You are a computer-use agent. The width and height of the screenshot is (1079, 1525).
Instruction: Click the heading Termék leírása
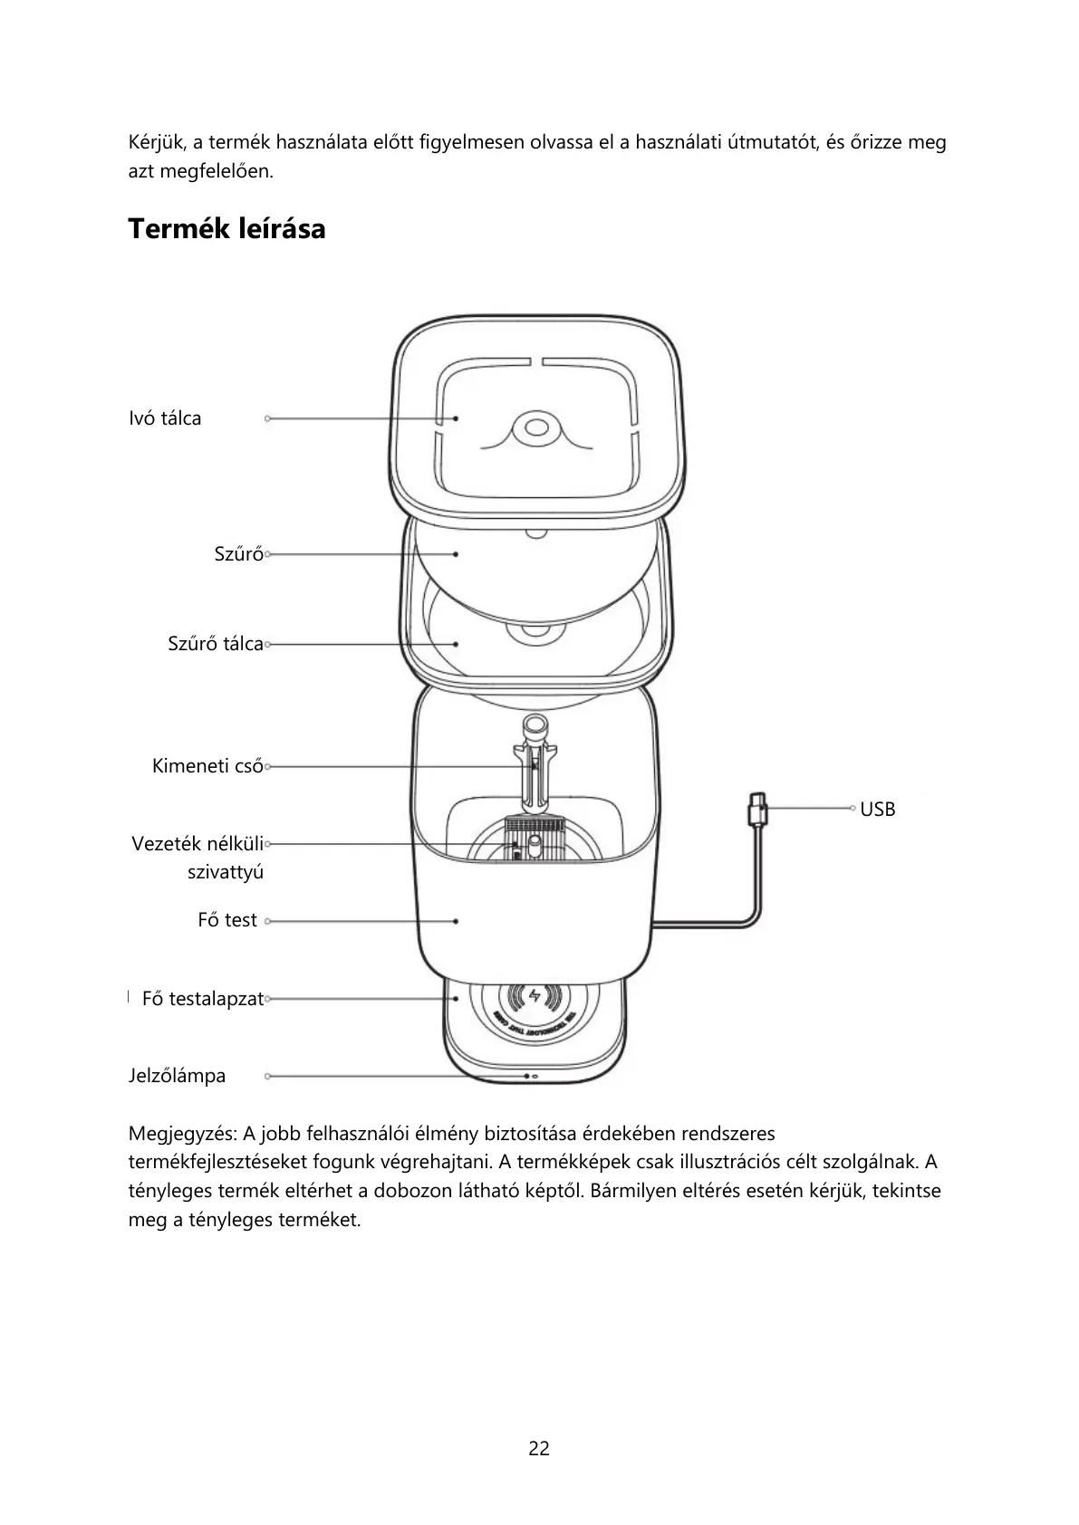pos(226,229)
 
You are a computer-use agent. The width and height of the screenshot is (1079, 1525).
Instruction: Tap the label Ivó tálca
pos(165,418)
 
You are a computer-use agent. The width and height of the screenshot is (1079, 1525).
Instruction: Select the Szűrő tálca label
pos(215,644)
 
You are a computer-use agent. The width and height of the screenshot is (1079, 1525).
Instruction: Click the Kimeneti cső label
pos(207,766)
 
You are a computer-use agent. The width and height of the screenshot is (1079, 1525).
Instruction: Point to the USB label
pos(877,810)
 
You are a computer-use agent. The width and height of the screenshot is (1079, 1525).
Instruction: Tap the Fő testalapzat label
pos(202,999)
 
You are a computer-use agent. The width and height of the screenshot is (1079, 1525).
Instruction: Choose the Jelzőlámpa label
pos(177,1076)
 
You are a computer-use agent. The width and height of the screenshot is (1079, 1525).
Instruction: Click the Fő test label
pos(227,920)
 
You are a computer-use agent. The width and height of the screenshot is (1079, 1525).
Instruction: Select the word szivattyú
pos(225,872)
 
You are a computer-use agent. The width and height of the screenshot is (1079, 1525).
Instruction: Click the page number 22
pos(539,1448)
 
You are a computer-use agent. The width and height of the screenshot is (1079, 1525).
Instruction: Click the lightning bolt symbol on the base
pos(535,996)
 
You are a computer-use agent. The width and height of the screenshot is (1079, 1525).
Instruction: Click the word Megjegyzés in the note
pos(181,1134)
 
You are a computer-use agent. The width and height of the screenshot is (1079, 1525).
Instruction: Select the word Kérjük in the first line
pos(154,143)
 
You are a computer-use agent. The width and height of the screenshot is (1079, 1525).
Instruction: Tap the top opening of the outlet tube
pos(534,724)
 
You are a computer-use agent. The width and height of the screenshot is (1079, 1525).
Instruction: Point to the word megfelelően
pos(216,171)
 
